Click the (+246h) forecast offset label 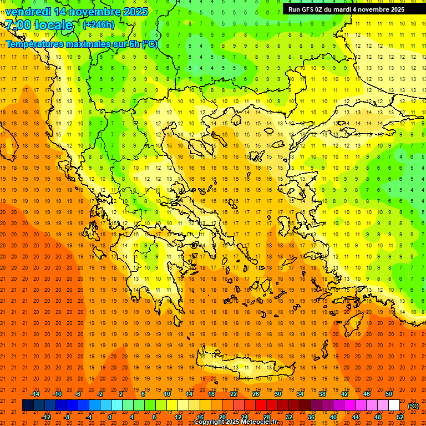tap(99, 25)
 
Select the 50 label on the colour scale tap(389, 394)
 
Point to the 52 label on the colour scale tap(400, 417)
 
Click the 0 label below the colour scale tap(110, 417)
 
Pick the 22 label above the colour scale tap(234, 394)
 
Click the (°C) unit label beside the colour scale tap(413, 406)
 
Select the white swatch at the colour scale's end tap(394, 405)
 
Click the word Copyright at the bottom tap(211, 422)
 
